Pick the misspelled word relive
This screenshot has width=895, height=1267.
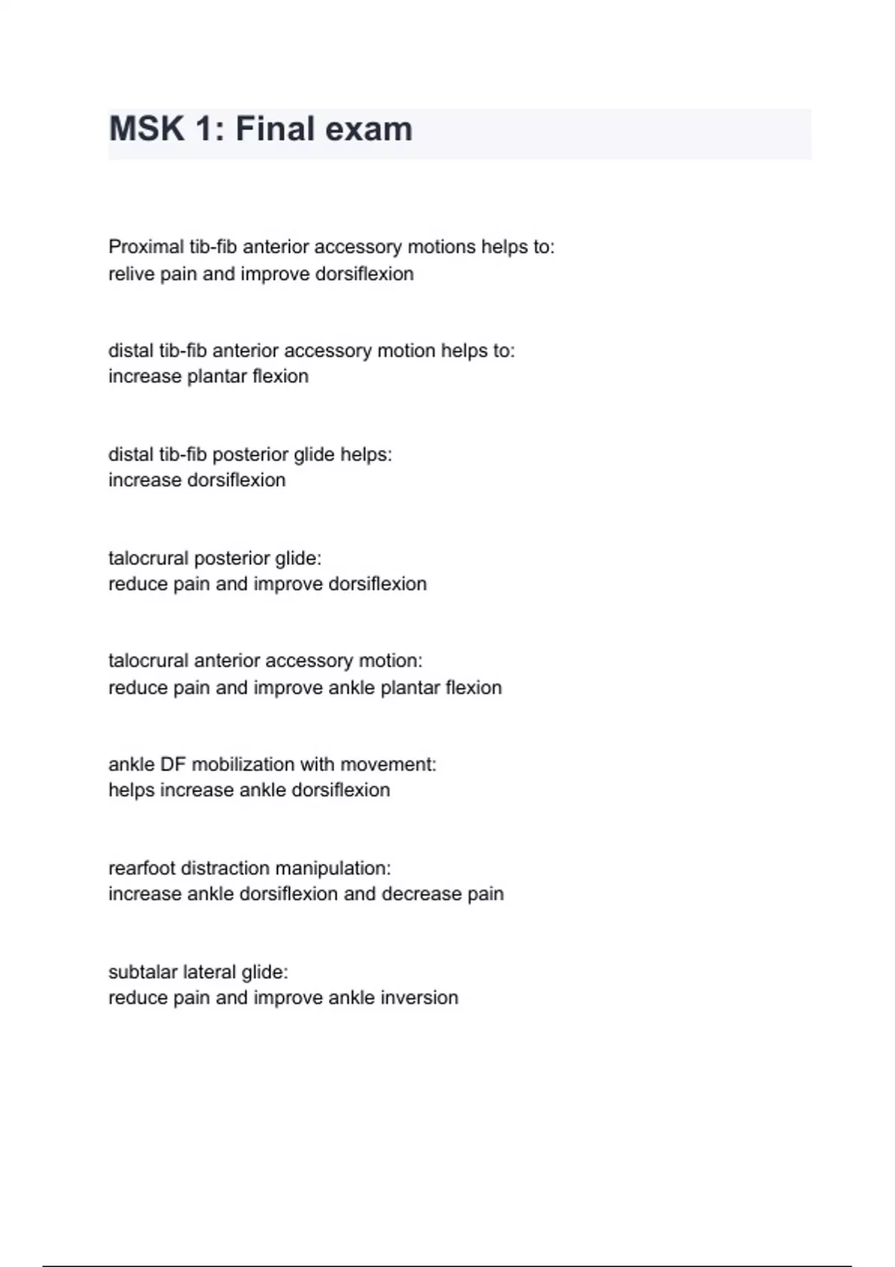coord(131,274)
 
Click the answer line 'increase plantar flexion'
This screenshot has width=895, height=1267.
coord(208,376)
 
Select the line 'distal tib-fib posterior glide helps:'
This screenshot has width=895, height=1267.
coord(250,455)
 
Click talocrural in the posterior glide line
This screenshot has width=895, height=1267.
coord(148,558)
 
